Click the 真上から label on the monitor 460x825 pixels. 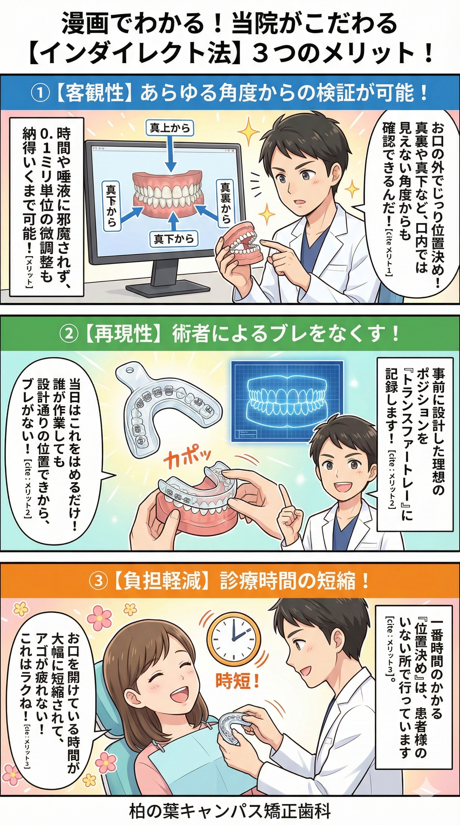pos(170,128)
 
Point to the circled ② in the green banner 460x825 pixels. pos(69,335)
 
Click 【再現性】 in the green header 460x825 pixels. pos(122,335)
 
